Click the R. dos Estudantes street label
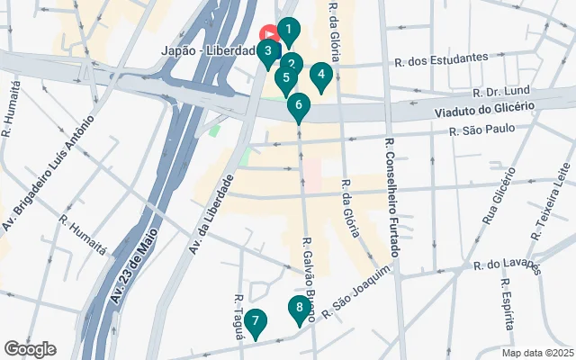pyautogui.click(x=441, y=60)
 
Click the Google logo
pyautogui.click(x=30, y=349)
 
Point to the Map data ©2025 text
pyautogui.click(x=537, y=353)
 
